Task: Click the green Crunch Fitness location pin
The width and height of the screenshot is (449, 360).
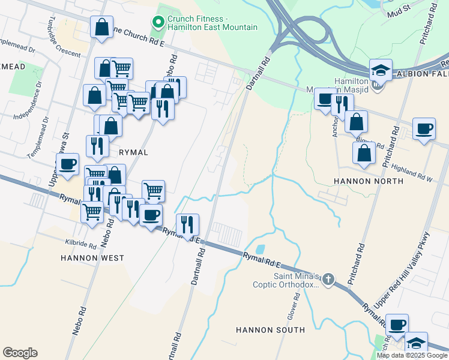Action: (159, 23)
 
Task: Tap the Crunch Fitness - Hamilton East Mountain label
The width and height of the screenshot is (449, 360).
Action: (212, 23)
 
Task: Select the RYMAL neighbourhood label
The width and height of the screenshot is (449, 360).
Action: (133, 152)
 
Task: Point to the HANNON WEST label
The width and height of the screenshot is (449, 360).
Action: (92, 258)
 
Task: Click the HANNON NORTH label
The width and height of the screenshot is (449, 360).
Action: (361, 181)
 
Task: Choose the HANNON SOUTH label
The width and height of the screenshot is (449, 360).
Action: (270, 330)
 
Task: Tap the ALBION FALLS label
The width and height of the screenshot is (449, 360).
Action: (421, 74)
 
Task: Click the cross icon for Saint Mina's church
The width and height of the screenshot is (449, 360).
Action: (328, 278)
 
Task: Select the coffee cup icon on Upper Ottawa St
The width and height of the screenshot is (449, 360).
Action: (67, 164)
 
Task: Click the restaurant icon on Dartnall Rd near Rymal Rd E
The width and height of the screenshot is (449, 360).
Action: (187, 225)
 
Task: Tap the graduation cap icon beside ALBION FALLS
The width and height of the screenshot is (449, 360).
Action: (381, 70)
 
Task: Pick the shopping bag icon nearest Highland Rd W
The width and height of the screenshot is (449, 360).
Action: (364, 153)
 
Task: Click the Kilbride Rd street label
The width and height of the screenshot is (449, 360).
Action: (80, 245)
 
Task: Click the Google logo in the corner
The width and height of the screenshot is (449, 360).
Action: (20, 353)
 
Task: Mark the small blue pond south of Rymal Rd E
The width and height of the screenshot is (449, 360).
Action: (260, 248)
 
